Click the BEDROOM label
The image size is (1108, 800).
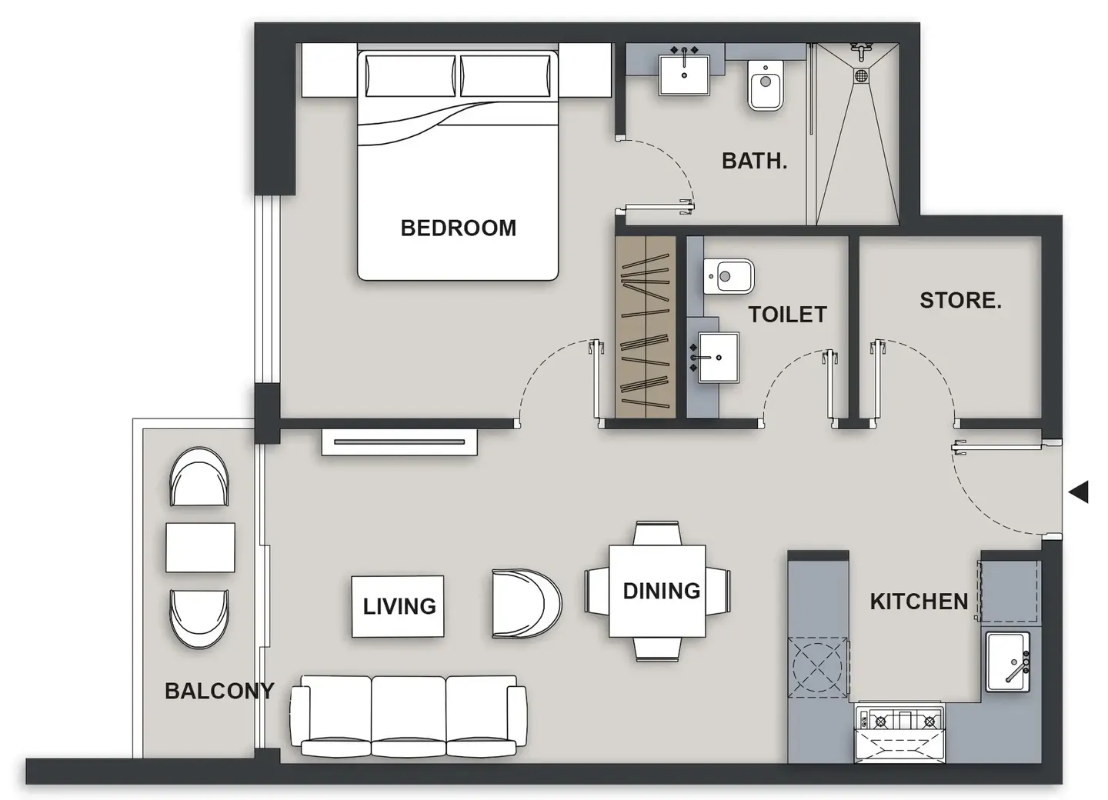tap(458, 228)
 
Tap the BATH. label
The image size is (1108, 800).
tap(754, 162)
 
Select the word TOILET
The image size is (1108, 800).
tap(787, 315)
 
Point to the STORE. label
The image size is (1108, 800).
tap(960, 300)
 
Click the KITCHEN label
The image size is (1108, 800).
tap(919, 602)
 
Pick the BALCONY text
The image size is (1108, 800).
tap(219, 691)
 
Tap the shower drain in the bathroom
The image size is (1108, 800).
tap(861, 75)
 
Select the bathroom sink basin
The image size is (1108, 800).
tap(684, 75)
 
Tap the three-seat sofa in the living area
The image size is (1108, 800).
tap(408, 715)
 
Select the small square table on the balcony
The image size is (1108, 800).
tap(200, 548)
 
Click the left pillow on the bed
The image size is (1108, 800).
tap(411, 75)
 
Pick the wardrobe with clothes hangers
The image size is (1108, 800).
tap(646, 327)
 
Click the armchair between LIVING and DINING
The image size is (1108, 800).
tap(526, 603)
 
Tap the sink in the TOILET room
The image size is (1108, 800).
tap(718, 358)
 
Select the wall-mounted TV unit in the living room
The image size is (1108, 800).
tap(399, 442)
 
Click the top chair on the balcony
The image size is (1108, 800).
tap(199, 477)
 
